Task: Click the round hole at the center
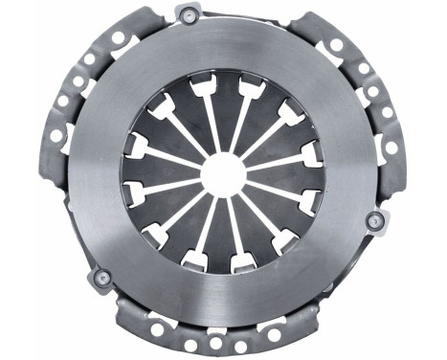pos(224,174)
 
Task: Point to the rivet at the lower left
pos(100,279)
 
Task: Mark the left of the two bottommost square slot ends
pos(194,259)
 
